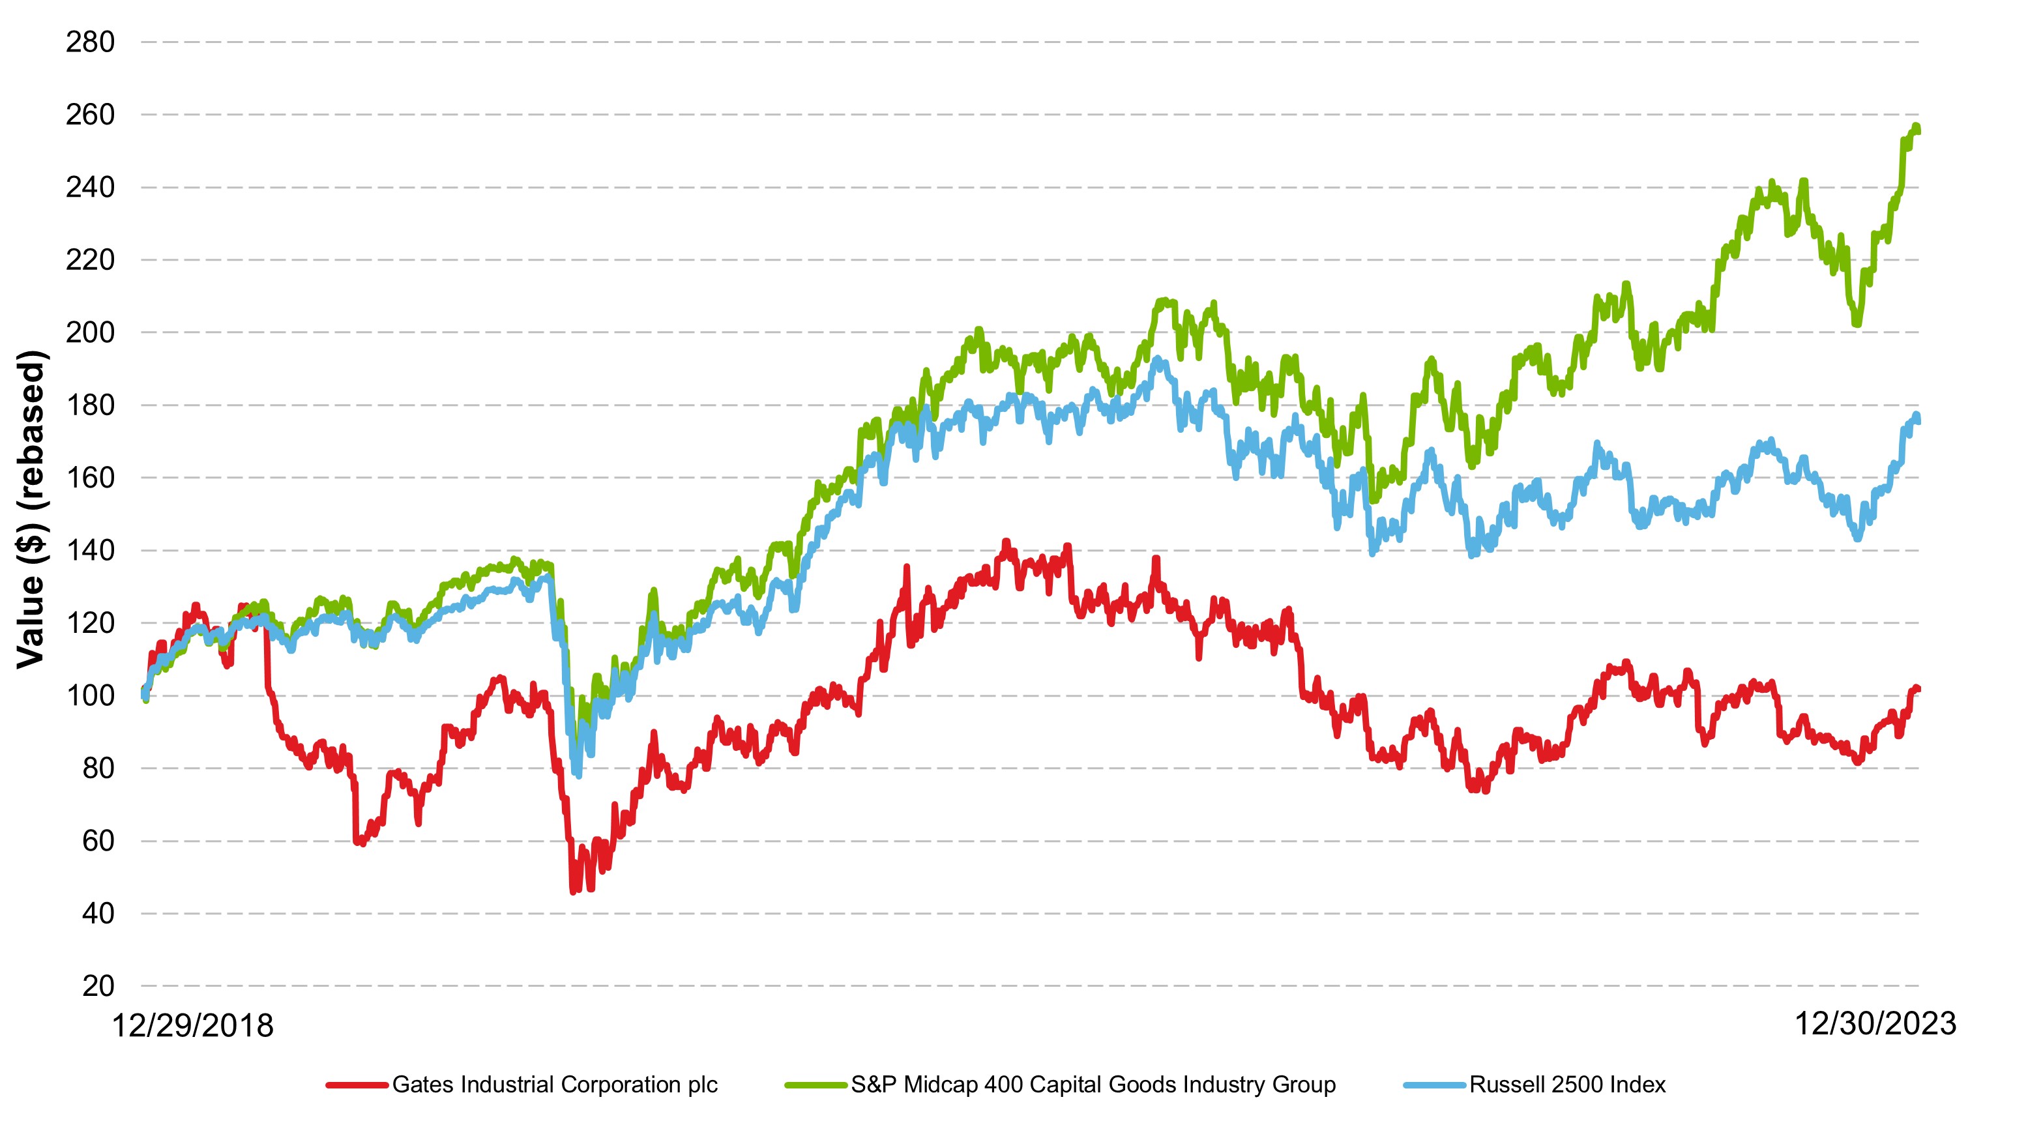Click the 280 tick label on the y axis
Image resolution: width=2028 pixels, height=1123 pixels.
click(x=90, y=42)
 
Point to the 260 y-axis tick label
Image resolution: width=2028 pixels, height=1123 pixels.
click(x=90, y=115)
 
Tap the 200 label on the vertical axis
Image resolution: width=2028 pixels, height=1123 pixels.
click(x=90, y=332)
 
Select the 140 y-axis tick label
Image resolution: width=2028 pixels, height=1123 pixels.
click(x=90, y=550)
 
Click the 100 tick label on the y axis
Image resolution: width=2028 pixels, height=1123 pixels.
click(x=90, y=695)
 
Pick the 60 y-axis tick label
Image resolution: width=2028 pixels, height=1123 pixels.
click(x=98, y=841)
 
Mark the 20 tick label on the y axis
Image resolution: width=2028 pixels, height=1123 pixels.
click(x=98, y=986)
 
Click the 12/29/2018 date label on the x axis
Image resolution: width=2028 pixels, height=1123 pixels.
click(x=193, y=1026)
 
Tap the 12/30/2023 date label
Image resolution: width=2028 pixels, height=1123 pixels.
click(x=1875, y=1024)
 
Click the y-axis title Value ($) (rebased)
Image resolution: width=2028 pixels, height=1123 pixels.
click(x=31, y=509)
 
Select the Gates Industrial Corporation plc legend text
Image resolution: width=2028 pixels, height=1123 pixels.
click(x=554, y=1085)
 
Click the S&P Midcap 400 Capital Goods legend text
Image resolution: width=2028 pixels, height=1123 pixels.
click(x=1093, y=1085)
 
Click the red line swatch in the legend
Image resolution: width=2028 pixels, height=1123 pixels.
click(x=357, y=1085)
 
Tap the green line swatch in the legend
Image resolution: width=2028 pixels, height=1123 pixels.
click(x=816, y=1085)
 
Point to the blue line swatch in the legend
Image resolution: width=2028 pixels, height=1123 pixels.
click(x=1434, y=1085)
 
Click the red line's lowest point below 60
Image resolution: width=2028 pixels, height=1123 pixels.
click(x=573, y=891)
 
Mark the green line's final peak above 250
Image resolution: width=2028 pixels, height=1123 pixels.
click(x=1915, y=126)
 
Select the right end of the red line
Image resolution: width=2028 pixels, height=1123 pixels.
click(x=1918, y=690)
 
